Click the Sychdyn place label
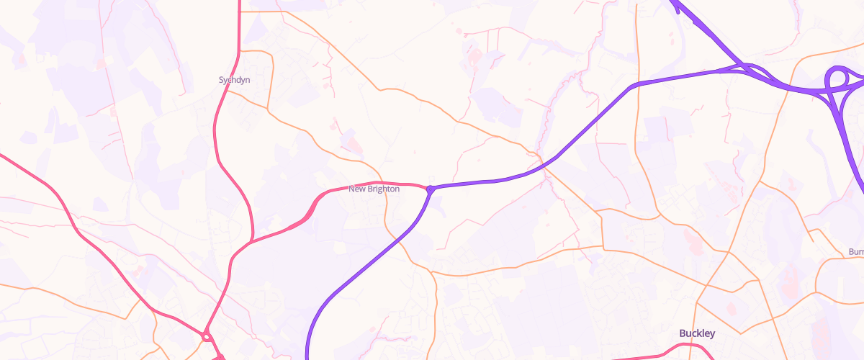[x=234, y=80]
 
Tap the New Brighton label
[x=374, y=189]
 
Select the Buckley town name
[x=697, y=333]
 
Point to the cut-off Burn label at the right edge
[x=855, y=251]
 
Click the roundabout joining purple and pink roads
[x=430, y=189]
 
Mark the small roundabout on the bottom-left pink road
[x=207, y=336]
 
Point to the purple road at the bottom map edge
[x=308, y=356]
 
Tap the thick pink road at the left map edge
[x=3, y=155]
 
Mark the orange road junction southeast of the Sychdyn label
[x=268, y=109]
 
